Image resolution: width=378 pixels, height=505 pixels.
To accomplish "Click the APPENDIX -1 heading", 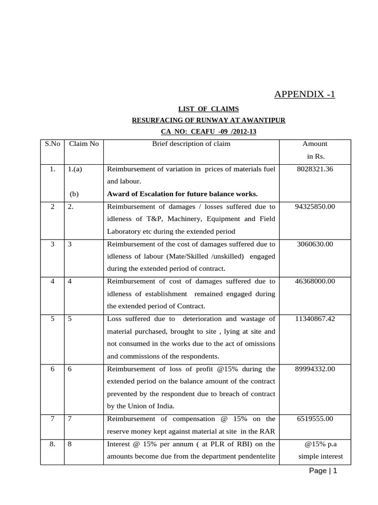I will pyautogui.click(x=304, y=94).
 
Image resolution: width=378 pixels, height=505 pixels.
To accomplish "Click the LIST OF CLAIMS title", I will pyautogui.click(x=208, y=109).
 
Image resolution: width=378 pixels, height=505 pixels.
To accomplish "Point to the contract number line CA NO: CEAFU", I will pyautogui.click(x=209, y=132).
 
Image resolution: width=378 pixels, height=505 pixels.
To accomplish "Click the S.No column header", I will pyautogui.click(x=52, y=144).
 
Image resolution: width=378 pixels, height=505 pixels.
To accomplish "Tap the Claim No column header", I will pyautogui.click(x=84, y=144).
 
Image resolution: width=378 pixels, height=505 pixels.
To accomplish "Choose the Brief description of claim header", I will pyautogui.click(x=191, y=144).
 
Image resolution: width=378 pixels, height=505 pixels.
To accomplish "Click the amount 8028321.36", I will pyautogui.click(x=315, y=169).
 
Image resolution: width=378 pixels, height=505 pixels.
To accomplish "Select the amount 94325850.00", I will pyautogui.click(x=315, y=206).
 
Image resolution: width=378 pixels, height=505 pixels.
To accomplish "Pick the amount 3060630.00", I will pyautogui.click(x=315, y=244).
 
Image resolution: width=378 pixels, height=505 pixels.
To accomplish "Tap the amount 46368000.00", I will pyautogui.click(x=315, y=281).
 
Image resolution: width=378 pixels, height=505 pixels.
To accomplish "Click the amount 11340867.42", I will pyautogui.click(x=315, y=319).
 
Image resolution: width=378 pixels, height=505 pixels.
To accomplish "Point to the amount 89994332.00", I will pyautogui.click(x=315, y=368).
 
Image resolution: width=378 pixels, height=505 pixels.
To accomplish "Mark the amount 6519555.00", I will pyautogui.click(x=315, y=419).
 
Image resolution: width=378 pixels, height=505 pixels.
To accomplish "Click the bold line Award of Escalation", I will pyautogui.click(x=182, y=194).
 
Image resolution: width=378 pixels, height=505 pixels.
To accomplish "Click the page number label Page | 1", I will pyautogui.click(x=323, y=471).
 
